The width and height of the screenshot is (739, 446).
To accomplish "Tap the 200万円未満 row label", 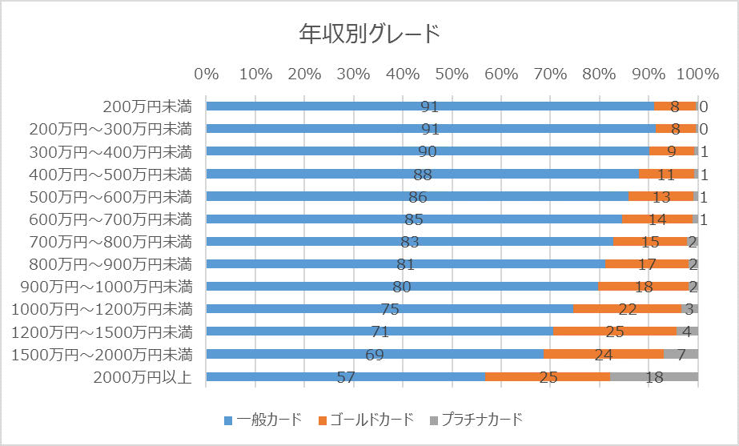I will click(147, 106).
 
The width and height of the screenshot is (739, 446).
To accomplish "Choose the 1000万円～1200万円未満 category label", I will click(102, 309).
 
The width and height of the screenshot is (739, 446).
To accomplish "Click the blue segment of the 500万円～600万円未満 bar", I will click(320, 196).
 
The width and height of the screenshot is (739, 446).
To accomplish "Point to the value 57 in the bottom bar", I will click(346, 377).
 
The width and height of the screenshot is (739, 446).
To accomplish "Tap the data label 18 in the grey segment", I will click(654, 377).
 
